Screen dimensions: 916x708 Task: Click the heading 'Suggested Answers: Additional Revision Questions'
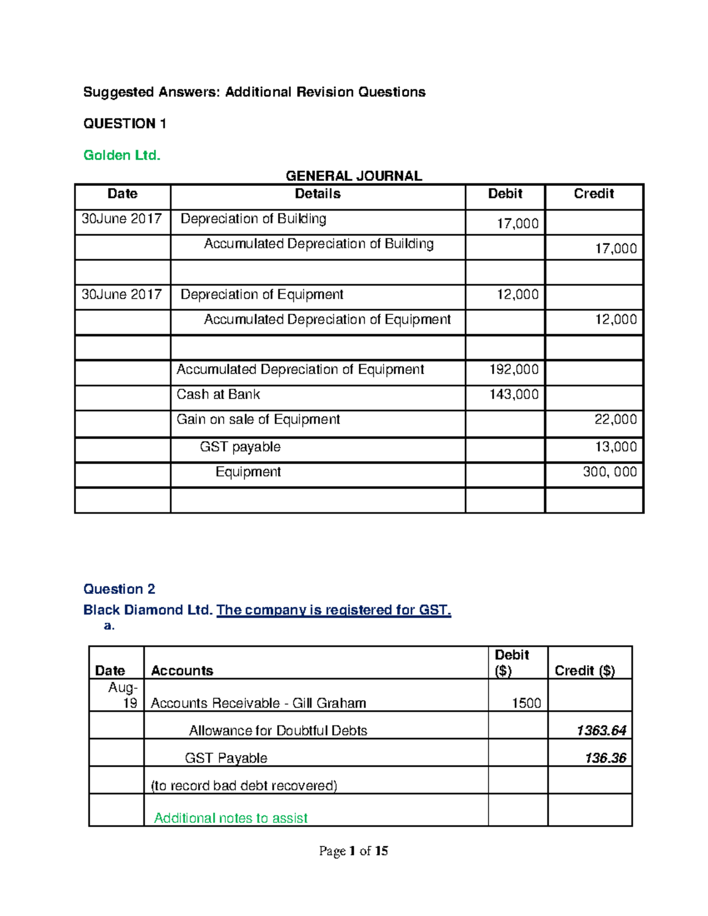[254, 92]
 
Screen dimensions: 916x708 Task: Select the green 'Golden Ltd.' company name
[122, 155]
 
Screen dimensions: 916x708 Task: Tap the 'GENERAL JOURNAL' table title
[353, 176]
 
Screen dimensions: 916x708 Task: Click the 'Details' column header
[317, 194]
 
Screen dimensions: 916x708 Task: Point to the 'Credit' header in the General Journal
[594, 194]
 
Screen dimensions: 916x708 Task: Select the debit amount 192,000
[514, 370]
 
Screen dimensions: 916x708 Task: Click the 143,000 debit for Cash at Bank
[514, 395]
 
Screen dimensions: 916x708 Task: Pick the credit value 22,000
[615, 419]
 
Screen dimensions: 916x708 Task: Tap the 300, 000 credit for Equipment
[609, 472]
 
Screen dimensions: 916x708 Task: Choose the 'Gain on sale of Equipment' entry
[258, 419]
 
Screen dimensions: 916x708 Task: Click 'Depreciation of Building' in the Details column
[253, 219]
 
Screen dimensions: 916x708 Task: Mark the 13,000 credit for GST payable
[615, 446]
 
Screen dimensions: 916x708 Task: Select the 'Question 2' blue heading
[119, 589]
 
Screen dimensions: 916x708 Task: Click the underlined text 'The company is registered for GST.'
[333, 610]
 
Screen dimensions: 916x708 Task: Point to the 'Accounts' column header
[182, 671]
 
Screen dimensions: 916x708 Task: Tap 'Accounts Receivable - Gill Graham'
[258, 703]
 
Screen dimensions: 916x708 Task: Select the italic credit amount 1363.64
[601, 731]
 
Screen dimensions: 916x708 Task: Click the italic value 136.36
[605, 758]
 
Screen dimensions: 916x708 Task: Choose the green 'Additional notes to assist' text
[231, 818]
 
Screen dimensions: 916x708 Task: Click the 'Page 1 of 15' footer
[353, 851]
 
